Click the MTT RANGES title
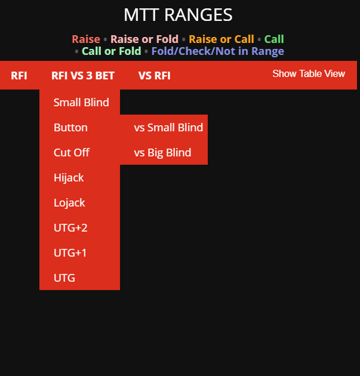pos(178,15)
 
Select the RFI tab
pos(19,76)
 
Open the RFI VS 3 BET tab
pos(83,76)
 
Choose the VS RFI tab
pos(155,76)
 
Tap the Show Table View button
pos(309,73)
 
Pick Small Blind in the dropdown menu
pos(81,103)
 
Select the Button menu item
pos(70,128)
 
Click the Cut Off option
pos(72,153)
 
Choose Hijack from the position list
pos(69,178)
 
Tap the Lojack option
pos(69,203)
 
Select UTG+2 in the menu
pos(70,228)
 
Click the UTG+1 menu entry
pos(70,252)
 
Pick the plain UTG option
pos(64,278)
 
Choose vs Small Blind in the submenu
pos(168,128)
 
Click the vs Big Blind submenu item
pos(162,153)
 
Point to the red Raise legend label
pos(86,39)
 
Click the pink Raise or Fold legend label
pos(144,39)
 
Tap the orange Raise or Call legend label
pos(221,39)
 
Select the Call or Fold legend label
pos(111,51)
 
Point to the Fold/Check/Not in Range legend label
pos(218,51)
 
